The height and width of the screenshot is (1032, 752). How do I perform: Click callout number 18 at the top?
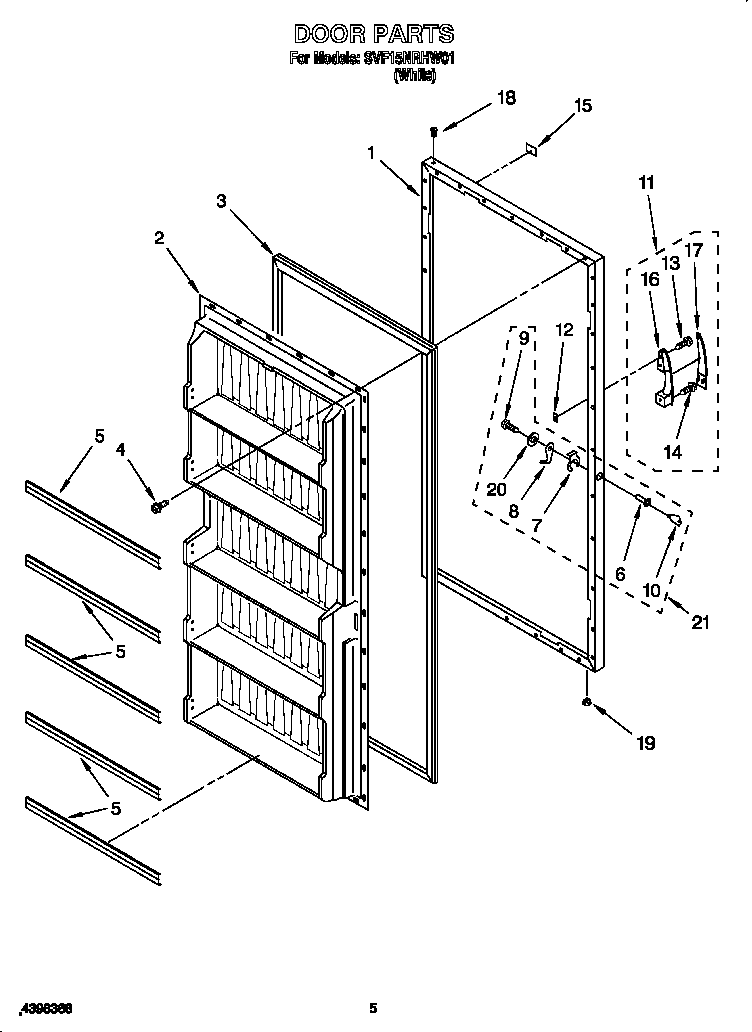point(507,98)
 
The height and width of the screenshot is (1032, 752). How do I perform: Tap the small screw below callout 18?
point(433,132)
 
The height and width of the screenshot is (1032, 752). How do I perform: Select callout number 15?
point(582,105)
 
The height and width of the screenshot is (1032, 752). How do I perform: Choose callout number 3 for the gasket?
point(221,201)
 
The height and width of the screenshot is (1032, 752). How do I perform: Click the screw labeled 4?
point(157,507)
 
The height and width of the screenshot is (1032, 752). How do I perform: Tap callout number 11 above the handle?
point(646,182)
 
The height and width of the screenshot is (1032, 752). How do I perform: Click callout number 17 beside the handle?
point(694,250)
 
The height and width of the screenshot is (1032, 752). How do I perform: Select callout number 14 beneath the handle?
point(672,452)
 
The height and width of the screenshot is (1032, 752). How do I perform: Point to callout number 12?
point(564,329)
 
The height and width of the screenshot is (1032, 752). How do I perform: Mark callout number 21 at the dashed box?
point(700,623)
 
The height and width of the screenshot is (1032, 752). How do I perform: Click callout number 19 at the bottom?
point(645,742)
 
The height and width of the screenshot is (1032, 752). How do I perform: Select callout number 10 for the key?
point(652,590)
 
